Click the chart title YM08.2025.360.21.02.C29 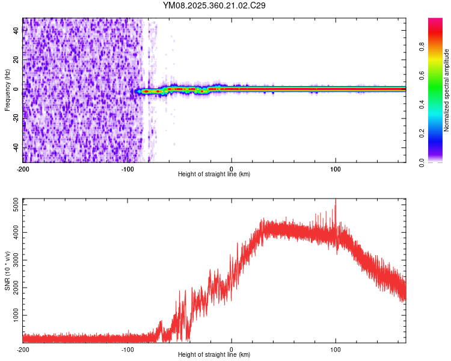(x=214, y=5)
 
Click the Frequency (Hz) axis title (x=7, y=90)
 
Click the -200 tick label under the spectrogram (x=23, y=168)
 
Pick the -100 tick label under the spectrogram (x=127, y=168)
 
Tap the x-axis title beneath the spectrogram (x=214, y=174)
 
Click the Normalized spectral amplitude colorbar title (x=446, y=90)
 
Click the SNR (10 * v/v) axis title (x=7, y=270)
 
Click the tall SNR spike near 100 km (x=336, y=202)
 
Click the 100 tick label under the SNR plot (x=336, y=349)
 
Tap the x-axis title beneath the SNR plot (x=214, y=355)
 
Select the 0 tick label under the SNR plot (x=232, y=349)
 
